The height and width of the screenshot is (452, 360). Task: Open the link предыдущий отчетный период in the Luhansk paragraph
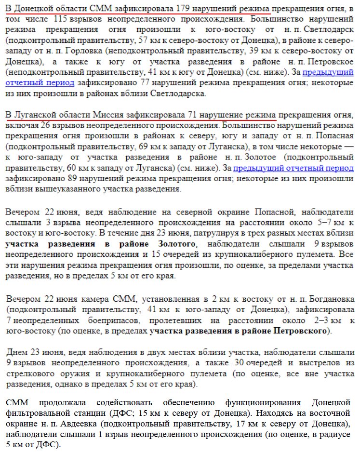[293, 168]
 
